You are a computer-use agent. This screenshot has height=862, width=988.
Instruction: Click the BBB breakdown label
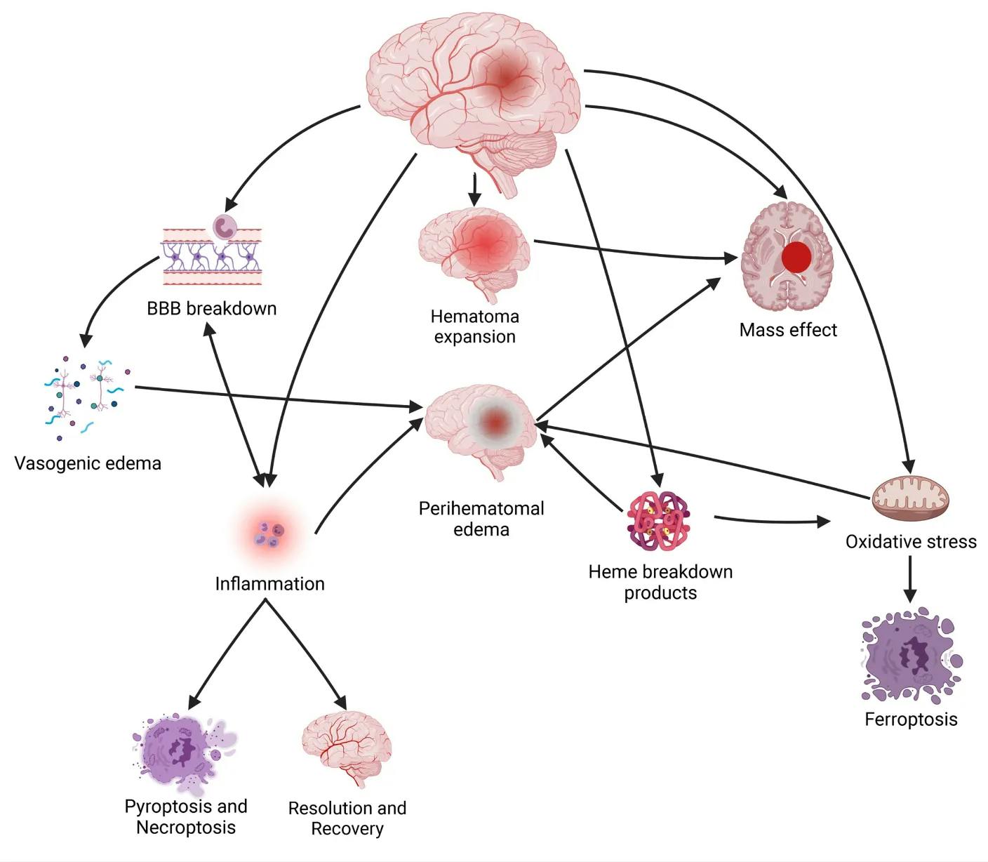pyautogui.click(x=211, y=308)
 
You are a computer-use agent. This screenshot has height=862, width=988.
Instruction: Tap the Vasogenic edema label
pyautogui.click(x=88, y=463)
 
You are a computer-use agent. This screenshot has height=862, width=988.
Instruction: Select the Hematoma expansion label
pyautogui.click(x=475, y=326)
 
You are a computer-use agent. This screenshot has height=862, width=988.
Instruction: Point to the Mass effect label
pyautogui.click(x=788, y=330)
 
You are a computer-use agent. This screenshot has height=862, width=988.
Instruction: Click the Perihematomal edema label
pyautogui.click(x=481, y=519)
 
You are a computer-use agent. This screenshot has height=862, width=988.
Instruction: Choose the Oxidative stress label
pyautogui.click(x=911, y=541)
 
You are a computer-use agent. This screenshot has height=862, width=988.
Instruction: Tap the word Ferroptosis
pyautogui.click(x=911, y=720)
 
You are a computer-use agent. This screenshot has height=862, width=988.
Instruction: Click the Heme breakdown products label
pyautogui.click(x=660, y=582)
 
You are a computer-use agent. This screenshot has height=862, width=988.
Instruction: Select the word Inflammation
pyautogui.click(x=269, y=583)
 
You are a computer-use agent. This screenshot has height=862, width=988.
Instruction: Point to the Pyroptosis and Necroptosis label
pyautogui.click(x=186, y=816)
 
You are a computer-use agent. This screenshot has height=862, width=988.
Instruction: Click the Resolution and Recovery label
pyautogui.click(x=347, y=818)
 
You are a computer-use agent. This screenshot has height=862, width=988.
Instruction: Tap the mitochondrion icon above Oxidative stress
pyautogui.click(x=910, y=498)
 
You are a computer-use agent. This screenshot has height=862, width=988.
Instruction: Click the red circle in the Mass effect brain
pyautogui.click(x=796, y=258)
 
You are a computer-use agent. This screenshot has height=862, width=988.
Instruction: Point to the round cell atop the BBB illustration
pyautogui.click(x=225, y=226)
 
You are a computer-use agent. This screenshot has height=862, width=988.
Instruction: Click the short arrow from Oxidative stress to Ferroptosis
pyautogui.click(x=910, y=579)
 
